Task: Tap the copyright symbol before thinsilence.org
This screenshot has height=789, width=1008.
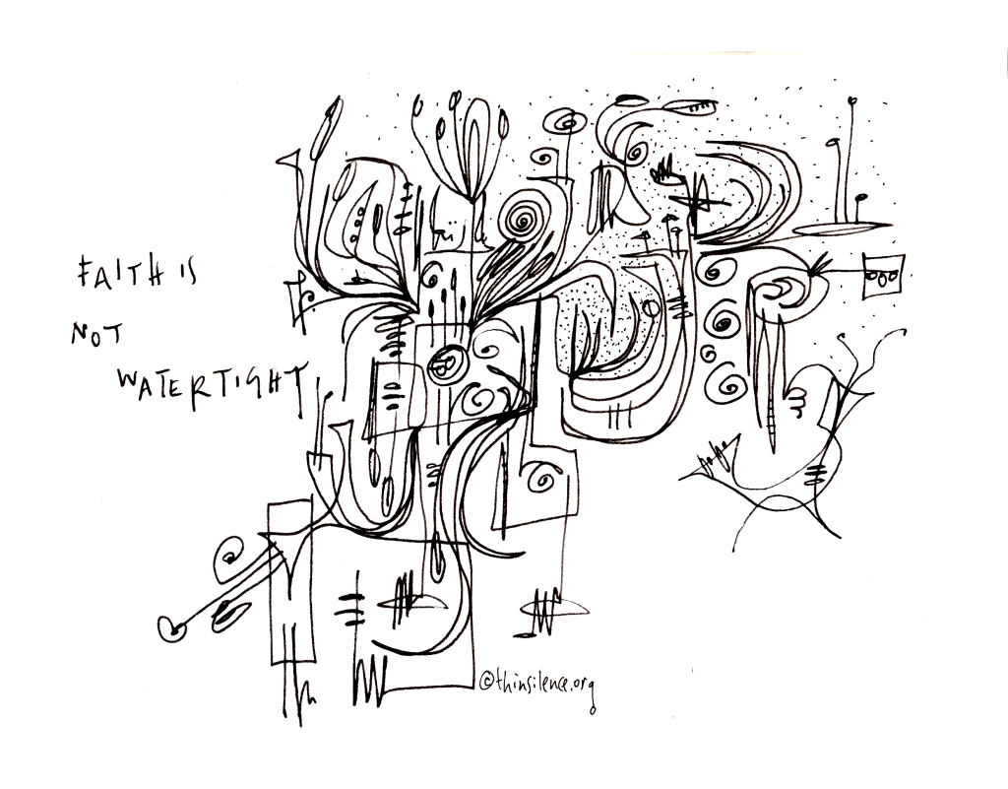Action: click(x=486, y=679)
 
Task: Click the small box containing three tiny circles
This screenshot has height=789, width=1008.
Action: click(x=884, y=277)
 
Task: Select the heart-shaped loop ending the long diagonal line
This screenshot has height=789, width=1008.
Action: click(x=171, y=626)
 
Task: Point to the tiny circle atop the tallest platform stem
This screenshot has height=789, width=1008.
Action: click(x=852, y=100)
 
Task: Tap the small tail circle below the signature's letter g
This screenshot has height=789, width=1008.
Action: click(x=592, y=710)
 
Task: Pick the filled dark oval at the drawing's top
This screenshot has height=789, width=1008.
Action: click(x=632, y=99)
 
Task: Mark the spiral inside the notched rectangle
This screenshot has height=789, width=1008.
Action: click(x=542, y=479)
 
